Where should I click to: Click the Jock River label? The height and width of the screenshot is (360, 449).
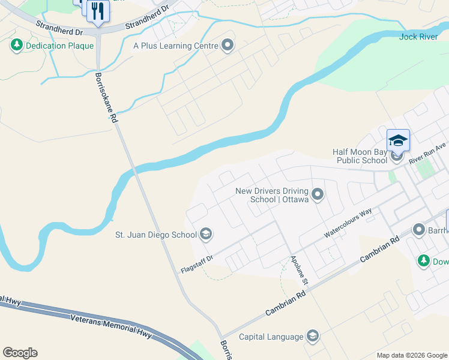(418, 37)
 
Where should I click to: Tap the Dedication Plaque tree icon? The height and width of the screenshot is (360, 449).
(16, 45)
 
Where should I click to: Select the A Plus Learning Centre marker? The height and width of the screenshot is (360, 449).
(228, 46)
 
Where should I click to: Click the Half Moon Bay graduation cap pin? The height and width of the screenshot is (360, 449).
(398, 140)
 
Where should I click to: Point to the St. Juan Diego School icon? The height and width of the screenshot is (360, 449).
(206, 234)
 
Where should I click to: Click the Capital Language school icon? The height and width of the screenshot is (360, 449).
(312, 336)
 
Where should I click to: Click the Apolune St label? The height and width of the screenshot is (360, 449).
(299, 271)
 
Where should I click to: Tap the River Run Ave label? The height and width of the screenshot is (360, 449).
(428, 154)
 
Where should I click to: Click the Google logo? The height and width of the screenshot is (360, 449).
(20, 353)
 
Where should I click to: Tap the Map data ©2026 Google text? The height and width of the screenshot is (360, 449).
(411, 355)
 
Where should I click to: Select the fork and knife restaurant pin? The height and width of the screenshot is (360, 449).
(97, 11)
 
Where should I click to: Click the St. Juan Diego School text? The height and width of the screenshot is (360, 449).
(155, 234)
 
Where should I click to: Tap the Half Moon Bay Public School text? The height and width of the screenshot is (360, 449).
(360, 156)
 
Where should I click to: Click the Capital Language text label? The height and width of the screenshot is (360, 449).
(271, 336)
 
